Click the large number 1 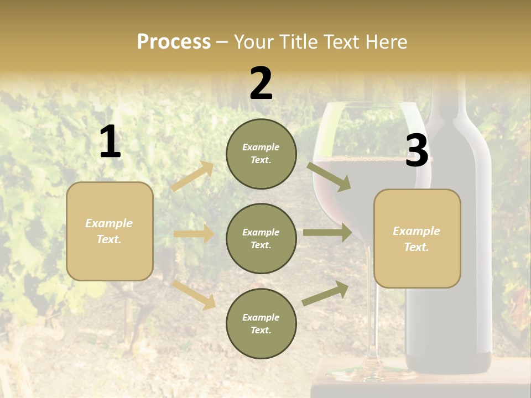110,142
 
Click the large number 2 261,83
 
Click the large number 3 417,151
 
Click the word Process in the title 174,41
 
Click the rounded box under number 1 110,231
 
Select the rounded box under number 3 417,238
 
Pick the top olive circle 261,154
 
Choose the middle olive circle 261,238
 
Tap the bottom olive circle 261,323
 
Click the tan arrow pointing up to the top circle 192,176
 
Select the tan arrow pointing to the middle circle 194,234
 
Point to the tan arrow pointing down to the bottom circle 194,294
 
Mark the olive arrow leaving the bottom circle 325,294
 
